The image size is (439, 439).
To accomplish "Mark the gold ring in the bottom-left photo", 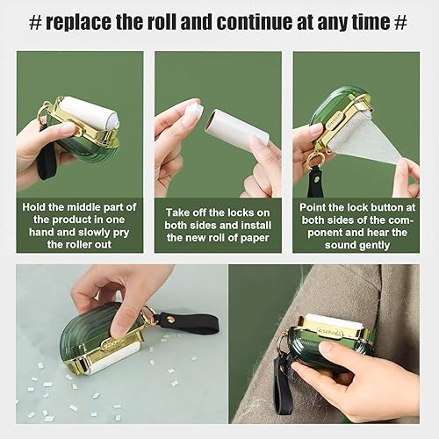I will (152, 315).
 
